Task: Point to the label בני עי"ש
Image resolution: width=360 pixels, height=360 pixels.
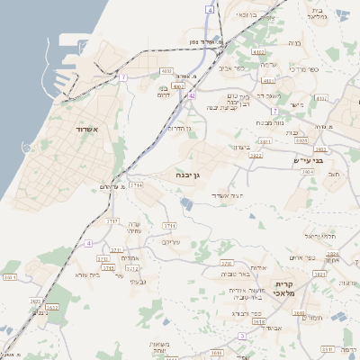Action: point(310,160)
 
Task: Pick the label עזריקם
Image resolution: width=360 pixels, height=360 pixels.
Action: point(170,242)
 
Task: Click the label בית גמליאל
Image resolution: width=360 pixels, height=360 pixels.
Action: point(315,15)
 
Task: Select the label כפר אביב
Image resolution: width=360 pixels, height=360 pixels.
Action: point(238,67)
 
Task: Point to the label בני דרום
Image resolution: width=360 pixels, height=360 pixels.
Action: point(164,94)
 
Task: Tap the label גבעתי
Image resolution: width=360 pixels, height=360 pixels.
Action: point(139,282)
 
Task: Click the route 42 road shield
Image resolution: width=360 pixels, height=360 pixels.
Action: point(191,94)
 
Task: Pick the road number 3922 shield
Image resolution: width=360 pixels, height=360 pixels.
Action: point(256,156)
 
